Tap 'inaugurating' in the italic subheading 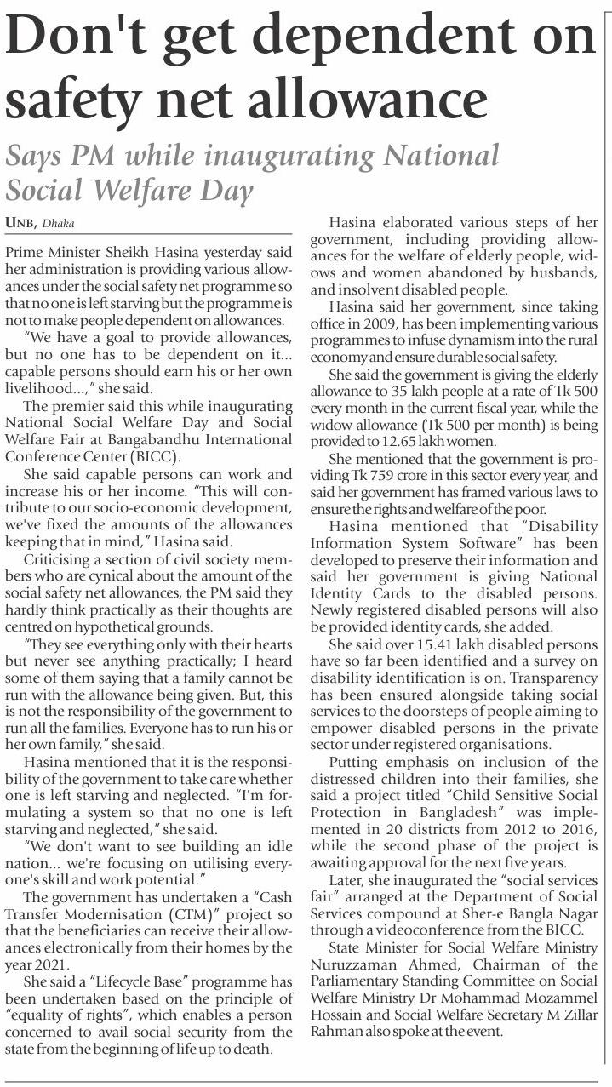pos(281,157)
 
